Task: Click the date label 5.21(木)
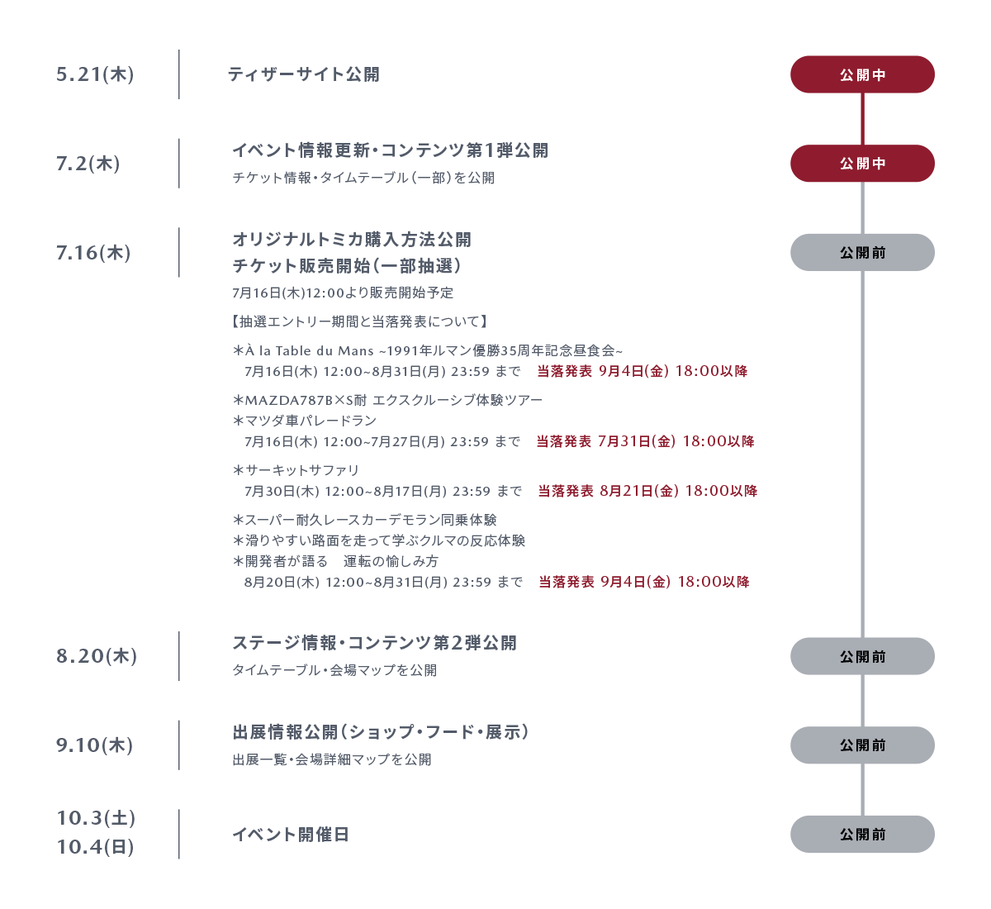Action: click(x=95, y=74)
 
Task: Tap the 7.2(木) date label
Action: click(x=88, y=163)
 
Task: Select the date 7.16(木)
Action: click(x=93, y=252)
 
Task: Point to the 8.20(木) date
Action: click(x=97, y=656)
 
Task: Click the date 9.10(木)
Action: click(x=94, y=745)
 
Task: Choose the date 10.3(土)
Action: click(x=96, y=817)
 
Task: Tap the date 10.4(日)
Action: click(x=95, y=846)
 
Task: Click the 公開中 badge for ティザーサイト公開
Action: click(x=862, y=74)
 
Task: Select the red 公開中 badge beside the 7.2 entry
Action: click(x=862, y=163)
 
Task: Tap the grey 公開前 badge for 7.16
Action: click(x=862, y=252)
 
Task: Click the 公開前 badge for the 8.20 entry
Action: click(x=862, y=656)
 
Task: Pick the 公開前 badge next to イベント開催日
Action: click(x=862, y=834)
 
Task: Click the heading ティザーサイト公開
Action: click(x=303, y=74)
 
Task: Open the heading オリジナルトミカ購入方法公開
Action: click(x=352, y=240)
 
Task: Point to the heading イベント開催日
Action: click(x=291, y=835)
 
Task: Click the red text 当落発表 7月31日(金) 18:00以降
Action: click(x=645, y=441)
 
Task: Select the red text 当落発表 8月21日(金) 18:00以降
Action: click(x=647, y=491)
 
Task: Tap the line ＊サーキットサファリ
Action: click(x=296, y=470)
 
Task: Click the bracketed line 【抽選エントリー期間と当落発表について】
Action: click(x=359, y=321)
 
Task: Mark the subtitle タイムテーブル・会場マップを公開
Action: click(x=334, y=670)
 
